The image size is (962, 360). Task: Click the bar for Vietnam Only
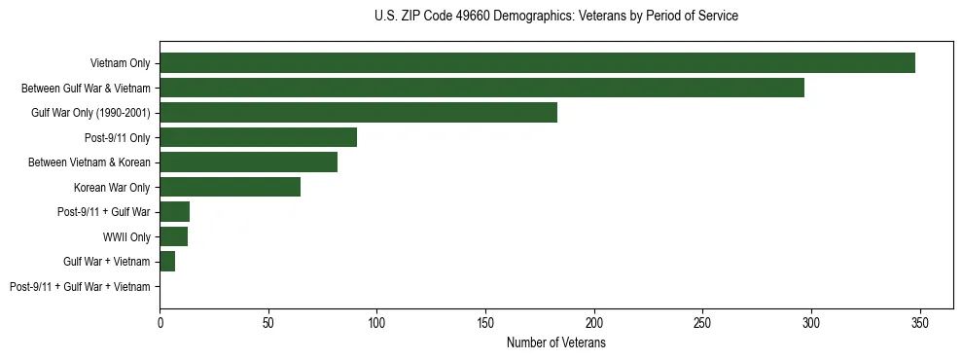pos(537,63)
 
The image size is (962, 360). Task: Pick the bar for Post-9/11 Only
pos(258,137)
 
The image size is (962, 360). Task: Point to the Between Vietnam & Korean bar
pos(248,162)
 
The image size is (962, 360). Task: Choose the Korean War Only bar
pos(230,187)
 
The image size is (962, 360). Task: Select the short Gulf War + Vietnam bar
pos(167,262)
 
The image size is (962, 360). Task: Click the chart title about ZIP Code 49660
pos(555,17)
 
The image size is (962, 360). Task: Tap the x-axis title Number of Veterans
pos(555,343)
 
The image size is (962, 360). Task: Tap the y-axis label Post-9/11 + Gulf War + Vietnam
pos(80,287)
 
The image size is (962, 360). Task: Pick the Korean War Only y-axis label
pos(112,188)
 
